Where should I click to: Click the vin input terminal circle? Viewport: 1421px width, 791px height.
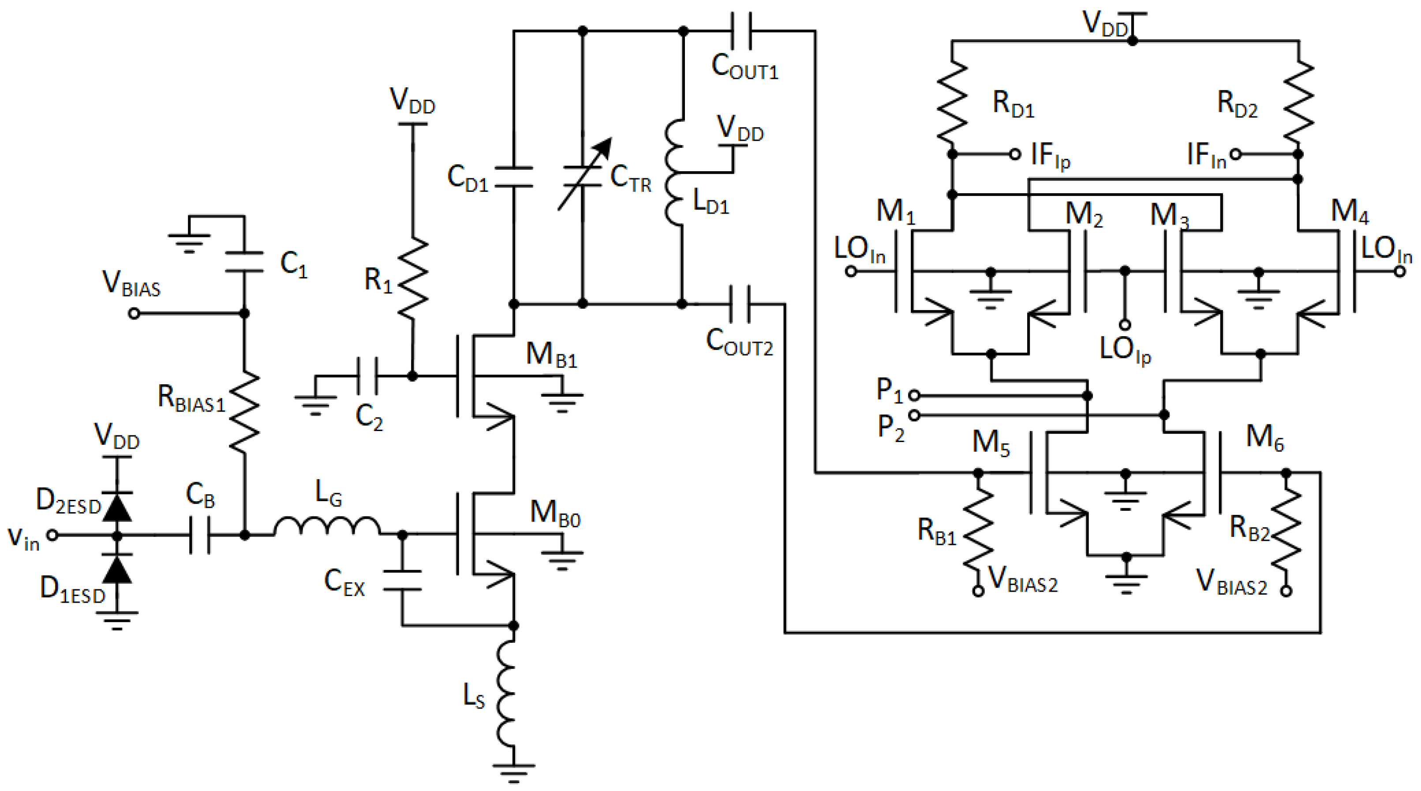52,535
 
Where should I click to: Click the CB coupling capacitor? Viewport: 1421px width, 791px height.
200,535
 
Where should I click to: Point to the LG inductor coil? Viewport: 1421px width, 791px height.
327,527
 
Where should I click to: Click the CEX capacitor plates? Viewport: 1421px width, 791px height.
402,580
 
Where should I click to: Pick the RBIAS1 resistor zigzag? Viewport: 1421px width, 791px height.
244,411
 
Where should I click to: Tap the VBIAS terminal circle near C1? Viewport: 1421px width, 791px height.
134,313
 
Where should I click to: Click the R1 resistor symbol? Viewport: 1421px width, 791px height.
413,278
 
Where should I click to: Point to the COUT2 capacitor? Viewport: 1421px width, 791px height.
740,304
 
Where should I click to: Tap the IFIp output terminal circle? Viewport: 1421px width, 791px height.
1015,154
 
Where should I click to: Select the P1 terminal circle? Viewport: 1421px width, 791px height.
914,395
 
